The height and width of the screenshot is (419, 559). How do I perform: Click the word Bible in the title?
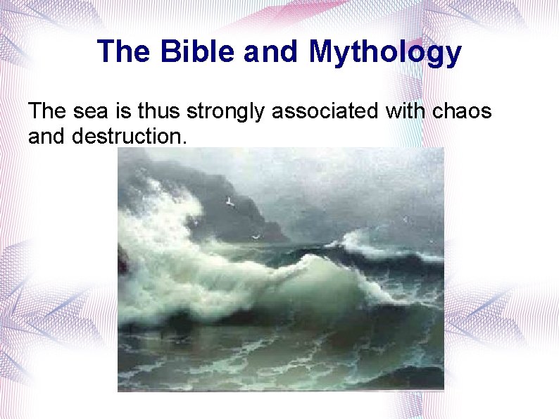point(194,51)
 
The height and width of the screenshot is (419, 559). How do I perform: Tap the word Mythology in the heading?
point(384,53)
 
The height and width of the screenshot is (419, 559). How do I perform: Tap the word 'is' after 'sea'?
point(121,111)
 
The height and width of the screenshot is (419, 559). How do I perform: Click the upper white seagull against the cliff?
point(229,201)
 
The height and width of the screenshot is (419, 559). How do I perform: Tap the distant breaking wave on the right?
point(373,246)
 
